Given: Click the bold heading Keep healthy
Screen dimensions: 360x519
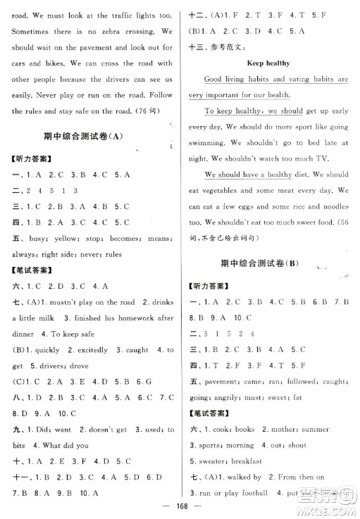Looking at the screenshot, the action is click(267, 63).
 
